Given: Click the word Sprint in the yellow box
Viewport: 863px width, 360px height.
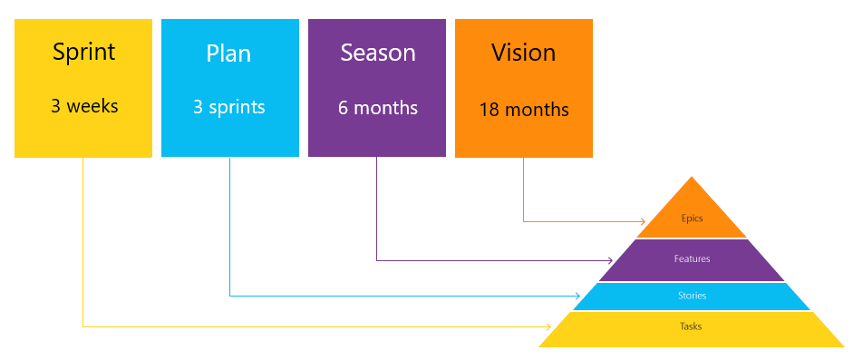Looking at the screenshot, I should (83, 52).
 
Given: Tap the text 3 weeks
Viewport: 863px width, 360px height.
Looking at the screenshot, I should (84, 106).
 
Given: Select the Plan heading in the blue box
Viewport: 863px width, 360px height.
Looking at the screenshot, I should (229, 53).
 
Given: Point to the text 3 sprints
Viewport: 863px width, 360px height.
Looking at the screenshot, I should (229, 107).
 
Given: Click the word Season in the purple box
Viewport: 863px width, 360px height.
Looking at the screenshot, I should (378, 53).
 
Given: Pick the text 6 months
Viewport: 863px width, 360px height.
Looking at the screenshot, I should (378, 108).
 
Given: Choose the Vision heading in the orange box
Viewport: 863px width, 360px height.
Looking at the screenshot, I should (524, 53).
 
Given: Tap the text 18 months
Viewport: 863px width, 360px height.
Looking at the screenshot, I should (524, 110).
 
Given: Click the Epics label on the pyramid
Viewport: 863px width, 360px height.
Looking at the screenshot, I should (692, 219).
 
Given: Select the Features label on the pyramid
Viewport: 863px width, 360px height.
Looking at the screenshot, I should (692, 258).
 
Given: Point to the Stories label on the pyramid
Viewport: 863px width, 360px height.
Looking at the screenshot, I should (692, 296).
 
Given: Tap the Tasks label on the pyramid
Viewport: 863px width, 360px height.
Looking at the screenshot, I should (691, 326).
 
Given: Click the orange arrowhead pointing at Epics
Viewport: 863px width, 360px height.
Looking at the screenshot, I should (641, 221).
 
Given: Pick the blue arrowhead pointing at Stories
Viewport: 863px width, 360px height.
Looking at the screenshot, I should (577, 296).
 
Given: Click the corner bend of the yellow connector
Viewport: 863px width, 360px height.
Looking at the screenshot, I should (82, 326).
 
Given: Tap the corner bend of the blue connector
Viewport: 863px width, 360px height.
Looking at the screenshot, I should (229, 296).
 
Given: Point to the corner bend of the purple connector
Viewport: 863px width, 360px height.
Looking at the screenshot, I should (376, 260).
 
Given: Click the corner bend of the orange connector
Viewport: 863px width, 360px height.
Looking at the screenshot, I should (523, 221).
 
